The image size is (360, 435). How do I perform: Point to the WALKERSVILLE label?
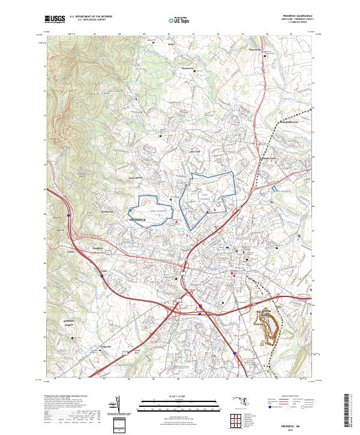(290, 119)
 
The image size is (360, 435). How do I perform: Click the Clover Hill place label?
(194, 152)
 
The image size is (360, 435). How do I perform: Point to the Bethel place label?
(170, 44)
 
